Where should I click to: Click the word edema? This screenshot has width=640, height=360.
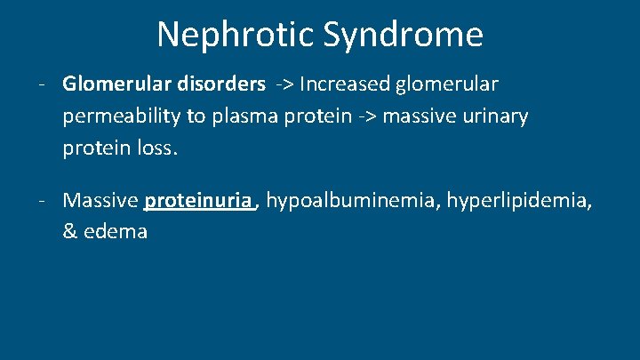pos(116,232)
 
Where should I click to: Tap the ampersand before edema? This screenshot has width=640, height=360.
pos(71,232)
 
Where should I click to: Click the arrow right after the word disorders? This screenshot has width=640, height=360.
pos(283,85)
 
